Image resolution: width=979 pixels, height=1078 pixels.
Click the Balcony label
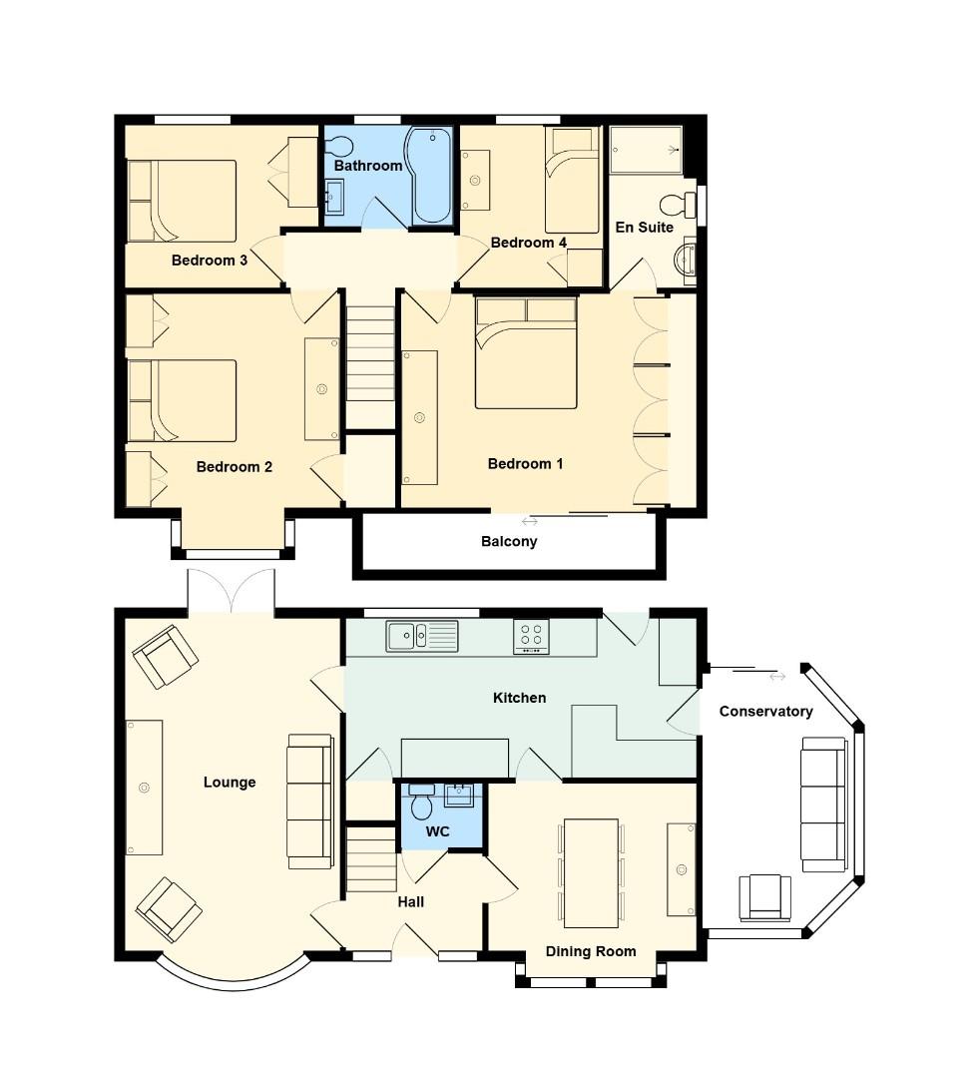[509, 542]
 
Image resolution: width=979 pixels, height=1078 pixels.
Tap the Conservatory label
[765, 712]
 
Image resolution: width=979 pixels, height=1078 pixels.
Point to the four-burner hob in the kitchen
[531, 636]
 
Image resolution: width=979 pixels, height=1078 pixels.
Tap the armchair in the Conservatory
[764, 896]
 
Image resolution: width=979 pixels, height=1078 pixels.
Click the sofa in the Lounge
[309, 801]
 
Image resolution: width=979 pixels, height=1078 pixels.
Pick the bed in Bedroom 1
[526, 353]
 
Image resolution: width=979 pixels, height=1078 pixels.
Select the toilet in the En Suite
[682, 205]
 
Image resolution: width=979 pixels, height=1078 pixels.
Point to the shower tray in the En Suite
[646, 150]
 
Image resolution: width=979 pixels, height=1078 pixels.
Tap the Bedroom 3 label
[210, 261]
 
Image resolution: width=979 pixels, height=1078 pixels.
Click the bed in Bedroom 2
[182, 400]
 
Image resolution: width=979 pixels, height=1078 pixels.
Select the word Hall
[411, 901]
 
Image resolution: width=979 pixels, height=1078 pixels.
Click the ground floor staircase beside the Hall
[371, 858]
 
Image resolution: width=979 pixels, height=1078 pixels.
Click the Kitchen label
[520, 698]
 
